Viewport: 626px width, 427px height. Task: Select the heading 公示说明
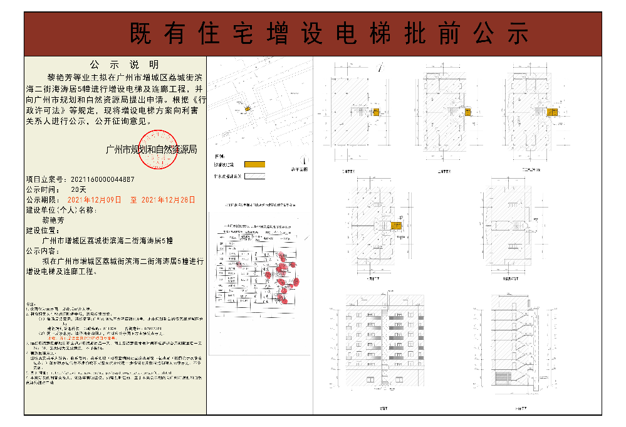[x=115, y=65]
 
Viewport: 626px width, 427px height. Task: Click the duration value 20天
[x=79, y=189]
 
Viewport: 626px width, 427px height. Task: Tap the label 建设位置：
[x=47, y=230]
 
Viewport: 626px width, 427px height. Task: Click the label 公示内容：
[x=47, y=250]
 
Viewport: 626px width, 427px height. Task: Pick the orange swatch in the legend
[x=254, y=164]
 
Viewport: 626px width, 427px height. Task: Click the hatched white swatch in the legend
[x=254, y=176]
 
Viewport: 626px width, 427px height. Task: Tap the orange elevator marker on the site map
[x=247, y=110]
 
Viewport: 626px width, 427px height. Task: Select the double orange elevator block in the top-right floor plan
[x=551, y=112]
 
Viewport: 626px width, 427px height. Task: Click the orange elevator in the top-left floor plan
[x=377, y=112]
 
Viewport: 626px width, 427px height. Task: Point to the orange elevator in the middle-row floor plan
[x=395, y=226]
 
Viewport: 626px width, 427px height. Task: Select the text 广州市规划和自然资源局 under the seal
[x=152, y=150]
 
